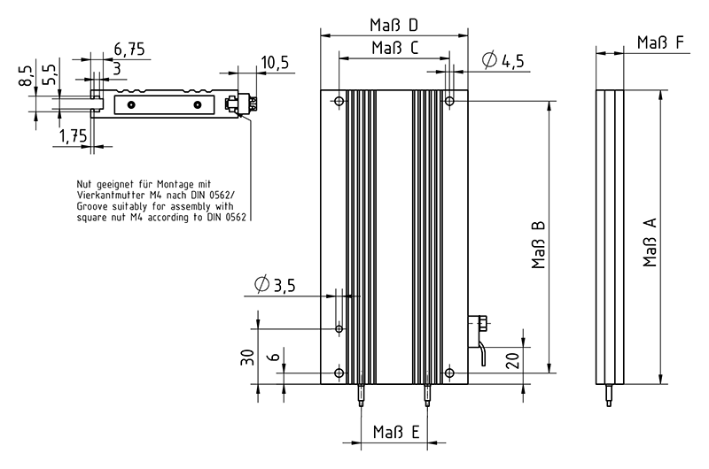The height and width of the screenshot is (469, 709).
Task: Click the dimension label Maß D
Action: (x=394, y=24)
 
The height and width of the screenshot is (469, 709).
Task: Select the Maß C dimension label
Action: (x=394, y=48)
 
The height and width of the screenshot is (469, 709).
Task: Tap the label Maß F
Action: (x=659, y=42)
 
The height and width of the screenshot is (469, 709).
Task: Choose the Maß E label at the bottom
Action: (x=395, y=433)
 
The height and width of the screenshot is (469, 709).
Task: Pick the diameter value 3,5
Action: (x=282, y=285)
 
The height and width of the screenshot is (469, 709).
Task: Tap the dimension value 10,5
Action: (x=275, y=61)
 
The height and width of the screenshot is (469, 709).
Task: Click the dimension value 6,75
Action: (x=129, y=48)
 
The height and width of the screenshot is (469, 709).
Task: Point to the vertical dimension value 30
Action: (x=247, y=358)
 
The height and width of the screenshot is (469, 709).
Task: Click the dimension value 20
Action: (x=511, y=360)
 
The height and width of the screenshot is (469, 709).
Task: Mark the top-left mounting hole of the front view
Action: (x=339, y=103)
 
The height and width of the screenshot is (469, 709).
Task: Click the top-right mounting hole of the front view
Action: (x=449, y=103)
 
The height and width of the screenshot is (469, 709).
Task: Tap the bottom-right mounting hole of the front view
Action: (x=449, y=373)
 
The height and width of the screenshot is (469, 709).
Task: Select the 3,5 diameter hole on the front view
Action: (x=339, y=329)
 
